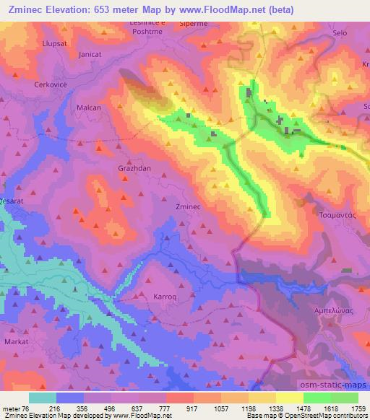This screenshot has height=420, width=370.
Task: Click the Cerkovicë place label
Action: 51,84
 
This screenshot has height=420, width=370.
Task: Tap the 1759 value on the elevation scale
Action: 358,410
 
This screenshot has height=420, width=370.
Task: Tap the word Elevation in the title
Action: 80,11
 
